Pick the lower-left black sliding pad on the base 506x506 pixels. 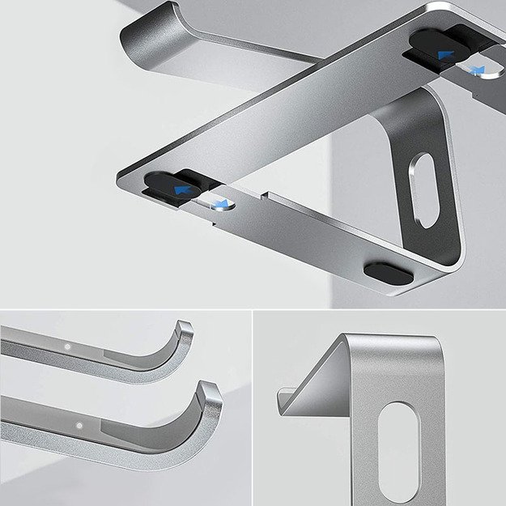click(174, 186)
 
